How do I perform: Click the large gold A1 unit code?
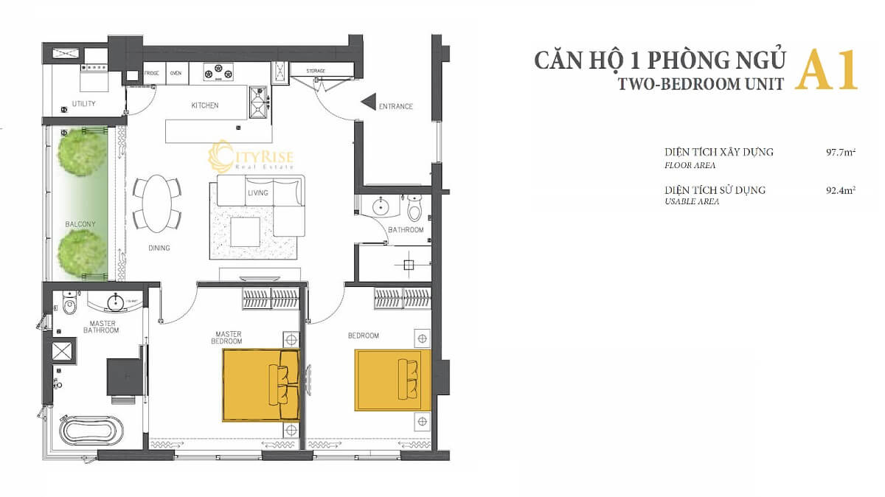827,71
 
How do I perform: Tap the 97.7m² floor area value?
841,153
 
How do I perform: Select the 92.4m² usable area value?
841,190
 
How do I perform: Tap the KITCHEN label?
205,106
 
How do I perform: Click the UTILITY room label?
84,104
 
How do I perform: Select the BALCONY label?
80,224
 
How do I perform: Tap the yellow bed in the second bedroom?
392,380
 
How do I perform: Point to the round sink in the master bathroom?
115,302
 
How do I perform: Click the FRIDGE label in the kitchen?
152,74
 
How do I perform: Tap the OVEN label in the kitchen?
176,74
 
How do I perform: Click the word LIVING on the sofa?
257,193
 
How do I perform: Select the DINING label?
159,248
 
